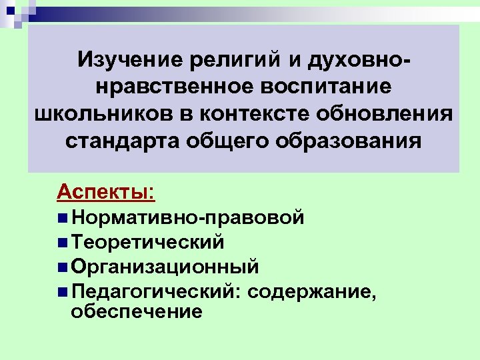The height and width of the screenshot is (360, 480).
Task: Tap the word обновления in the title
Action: [x=386, y=114]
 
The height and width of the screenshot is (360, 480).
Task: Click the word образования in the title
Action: [x=355, y=141]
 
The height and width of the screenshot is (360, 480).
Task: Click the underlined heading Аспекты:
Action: [x=106, y=192]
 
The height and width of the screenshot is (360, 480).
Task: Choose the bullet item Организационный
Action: [x=165, y=267]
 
